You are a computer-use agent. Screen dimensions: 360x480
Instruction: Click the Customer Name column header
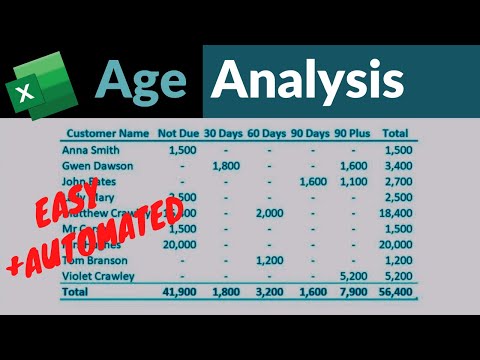click(106, 132)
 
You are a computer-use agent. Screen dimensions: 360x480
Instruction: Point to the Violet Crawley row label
click(100, 275)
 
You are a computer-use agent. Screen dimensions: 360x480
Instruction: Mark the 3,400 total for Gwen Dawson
click(398, 165)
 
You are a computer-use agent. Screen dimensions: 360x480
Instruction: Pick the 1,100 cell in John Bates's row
click(355, 181)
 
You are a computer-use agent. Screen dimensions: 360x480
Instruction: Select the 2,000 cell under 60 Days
click(271, 213)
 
